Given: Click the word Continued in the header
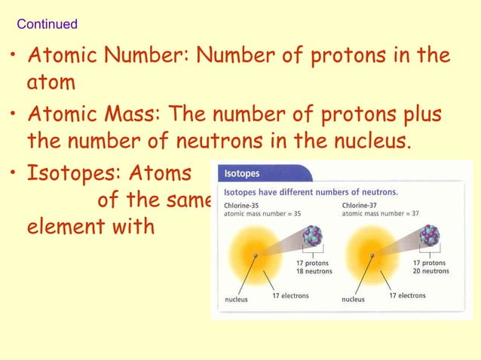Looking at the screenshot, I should coord(47,24).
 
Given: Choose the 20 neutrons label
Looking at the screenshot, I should coord(430,271).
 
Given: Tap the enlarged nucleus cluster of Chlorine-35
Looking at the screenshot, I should coord(312,236).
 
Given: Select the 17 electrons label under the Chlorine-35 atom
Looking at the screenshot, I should coord(290,296).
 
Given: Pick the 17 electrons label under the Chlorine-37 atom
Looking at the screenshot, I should coord(408,296).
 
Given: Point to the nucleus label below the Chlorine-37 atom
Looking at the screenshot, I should coord(353,299).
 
